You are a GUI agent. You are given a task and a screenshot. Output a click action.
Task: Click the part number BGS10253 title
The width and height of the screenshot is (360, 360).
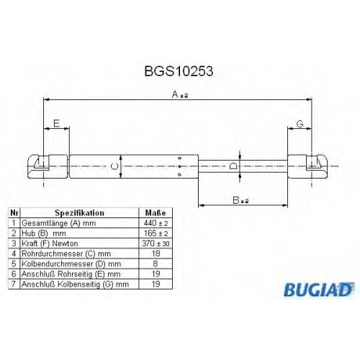coord(179,71)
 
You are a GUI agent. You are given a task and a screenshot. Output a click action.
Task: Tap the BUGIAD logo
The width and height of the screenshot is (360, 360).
coord(319,289)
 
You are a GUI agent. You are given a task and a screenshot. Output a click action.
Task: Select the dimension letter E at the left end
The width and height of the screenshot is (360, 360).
coord(56,124)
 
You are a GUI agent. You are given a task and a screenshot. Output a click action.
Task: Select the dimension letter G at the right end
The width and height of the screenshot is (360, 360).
coord(300,124)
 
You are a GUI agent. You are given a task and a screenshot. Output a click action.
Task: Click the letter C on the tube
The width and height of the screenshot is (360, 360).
coord(115,166)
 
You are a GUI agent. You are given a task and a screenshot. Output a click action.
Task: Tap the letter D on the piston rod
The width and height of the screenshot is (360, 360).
coord(233,166)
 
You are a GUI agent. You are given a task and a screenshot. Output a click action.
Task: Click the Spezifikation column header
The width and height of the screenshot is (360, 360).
coord(79,213)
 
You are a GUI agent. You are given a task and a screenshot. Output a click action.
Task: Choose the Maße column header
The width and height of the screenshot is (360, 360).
coord(156,213)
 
